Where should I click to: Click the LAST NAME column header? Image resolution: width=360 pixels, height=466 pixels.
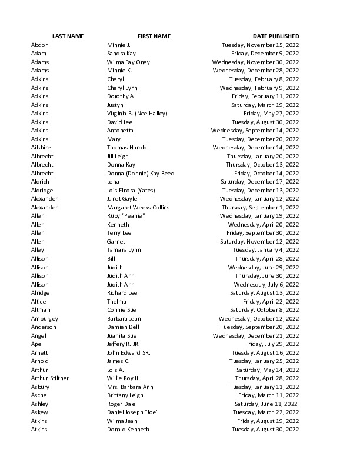68,36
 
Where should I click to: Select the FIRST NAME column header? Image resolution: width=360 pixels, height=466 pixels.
154,36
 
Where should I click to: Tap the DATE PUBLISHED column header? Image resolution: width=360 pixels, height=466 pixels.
276,36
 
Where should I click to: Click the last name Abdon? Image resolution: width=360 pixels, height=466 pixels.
40,45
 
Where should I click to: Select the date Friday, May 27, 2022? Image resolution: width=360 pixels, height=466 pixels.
271,113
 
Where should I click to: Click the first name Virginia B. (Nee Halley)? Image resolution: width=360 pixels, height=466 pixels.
137,113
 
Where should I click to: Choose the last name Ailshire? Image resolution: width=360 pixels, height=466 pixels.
42,147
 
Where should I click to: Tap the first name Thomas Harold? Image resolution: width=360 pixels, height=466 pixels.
126,147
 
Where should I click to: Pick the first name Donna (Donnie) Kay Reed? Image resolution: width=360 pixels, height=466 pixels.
141,173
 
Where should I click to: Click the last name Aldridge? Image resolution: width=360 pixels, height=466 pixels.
42,190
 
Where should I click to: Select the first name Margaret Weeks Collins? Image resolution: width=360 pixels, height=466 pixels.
138,207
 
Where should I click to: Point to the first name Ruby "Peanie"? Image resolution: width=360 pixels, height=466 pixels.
126,216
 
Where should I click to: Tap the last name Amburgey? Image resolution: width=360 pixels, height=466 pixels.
44,318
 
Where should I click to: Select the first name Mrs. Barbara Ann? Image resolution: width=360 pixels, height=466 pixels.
130,387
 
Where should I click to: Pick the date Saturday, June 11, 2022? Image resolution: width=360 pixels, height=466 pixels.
266,404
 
